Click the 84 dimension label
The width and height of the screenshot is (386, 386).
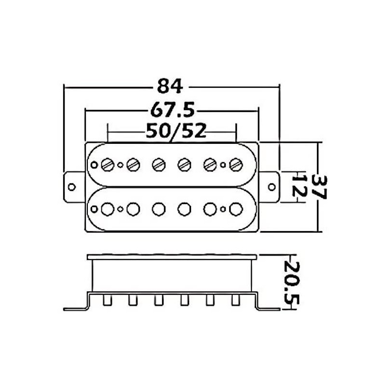170,87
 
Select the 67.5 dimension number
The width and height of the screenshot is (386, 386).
172,110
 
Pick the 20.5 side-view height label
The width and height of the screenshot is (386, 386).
291,283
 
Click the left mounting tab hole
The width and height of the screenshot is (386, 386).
72,187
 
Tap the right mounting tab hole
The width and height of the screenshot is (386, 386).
272,187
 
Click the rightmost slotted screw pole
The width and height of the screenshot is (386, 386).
235,165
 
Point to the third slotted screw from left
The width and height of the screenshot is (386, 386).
158,165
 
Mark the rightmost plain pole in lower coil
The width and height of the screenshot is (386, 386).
235,209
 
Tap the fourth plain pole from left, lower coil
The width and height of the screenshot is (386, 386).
184,209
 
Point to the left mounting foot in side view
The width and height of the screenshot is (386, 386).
75,309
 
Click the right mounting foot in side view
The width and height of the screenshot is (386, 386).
268,309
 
